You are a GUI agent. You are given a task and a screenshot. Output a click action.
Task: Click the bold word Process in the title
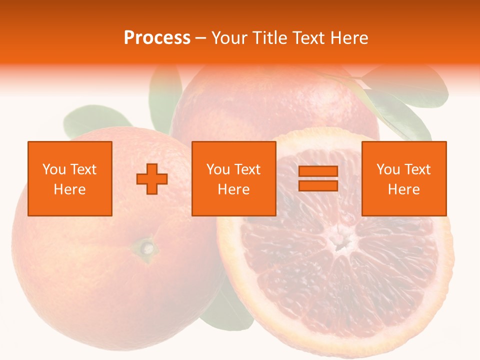point(157,38)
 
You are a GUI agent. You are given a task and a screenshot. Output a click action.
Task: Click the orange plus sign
point(152,179)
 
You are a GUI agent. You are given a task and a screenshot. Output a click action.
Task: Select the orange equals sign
point(318,178)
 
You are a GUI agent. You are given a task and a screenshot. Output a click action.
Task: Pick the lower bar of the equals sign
point(318,185)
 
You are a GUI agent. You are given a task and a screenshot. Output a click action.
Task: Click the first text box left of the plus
point(70,179)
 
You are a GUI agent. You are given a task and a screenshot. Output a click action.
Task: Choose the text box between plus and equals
point(234,179)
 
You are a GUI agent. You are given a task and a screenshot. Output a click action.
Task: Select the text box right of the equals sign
point(404,179)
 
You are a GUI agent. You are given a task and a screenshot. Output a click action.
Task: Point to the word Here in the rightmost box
point(404,189)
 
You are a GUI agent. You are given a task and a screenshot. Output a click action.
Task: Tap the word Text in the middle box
point(247,169)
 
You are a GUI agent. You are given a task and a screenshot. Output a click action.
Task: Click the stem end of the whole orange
point(146,247)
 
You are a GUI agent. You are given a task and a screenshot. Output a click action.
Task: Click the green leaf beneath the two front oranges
point(227,310)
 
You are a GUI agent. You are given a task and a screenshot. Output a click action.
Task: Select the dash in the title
point(200,38)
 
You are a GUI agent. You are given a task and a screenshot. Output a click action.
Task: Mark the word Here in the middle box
point(234,189)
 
